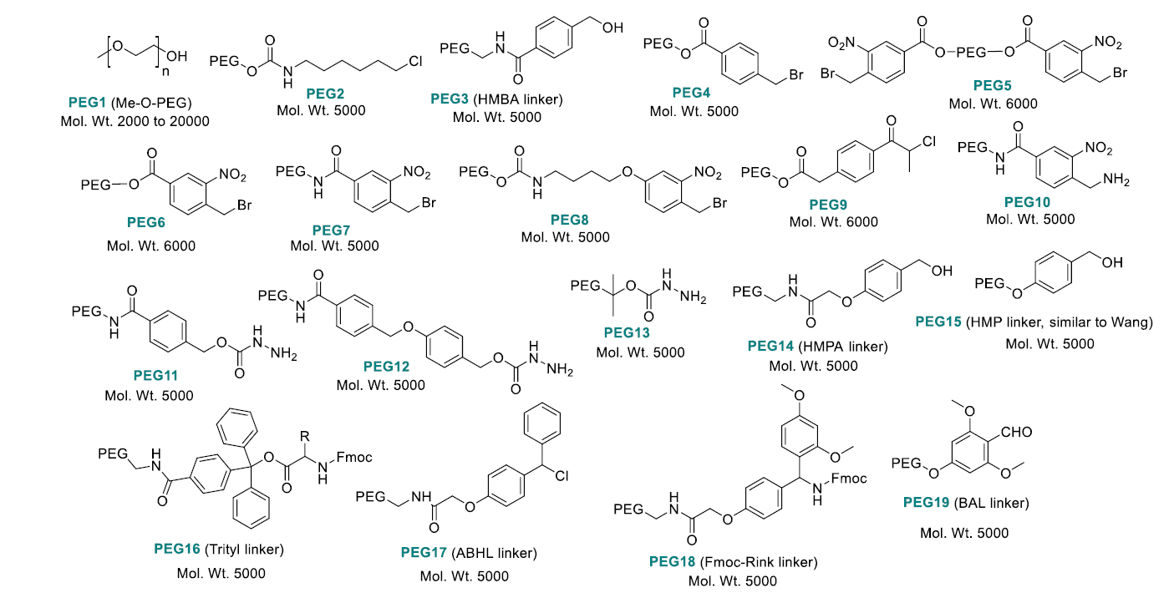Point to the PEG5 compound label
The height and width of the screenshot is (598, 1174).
coord(993,85)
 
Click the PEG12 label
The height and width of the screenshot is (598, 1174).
coord(385,367)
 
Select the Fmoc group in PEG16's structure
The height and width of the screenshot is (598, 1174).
coord(355,457)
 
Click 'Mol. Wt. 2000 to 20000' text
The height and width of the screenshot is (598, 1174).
coord(135,121)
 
